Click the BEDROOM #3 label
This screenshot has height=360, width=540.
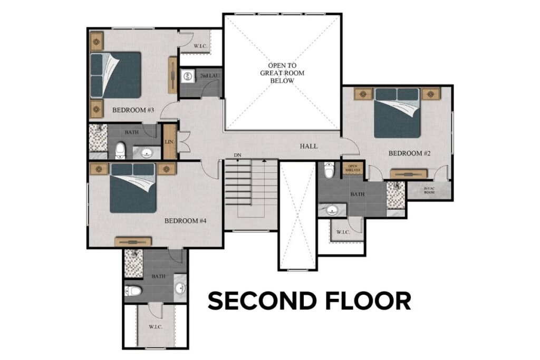click(x=133, y=110)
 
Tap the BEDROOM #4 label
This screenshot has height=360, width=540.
click(x=185, y=221)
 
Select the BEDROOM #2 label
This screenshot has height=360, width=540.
click(x=410, y=153)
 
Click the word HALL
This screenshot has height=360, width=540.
click(x=308, y=146)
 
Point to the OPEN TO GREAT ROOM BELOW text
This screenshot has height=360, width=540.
click(x=282, y=73)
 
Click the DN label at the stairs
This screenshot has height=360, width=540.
click(x=237, y=155)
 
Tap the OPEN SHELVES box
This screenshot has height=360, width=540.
click(x=352, y=169)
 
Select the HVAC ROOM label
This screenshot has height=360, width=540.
click(x=429, y=190)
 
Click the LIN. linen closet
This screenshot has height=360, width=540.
click(x=169, y=142)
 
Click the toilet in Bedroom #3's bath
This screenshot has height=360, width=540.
click(x=120, y=150)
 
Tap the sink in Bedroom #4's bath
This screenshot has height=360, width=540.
click(x=180, y=288)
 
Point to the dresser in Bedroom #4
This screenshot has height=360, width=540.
click(x=133, y=241)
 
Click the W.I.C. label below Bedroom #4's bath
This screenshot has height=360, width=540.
click(x=155, y=326)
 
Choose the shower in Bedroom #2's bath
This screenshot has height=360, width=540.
click(x=396, y=195)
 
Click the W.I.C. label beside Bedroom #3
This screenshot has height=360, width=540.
click(x=200, y=46)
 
